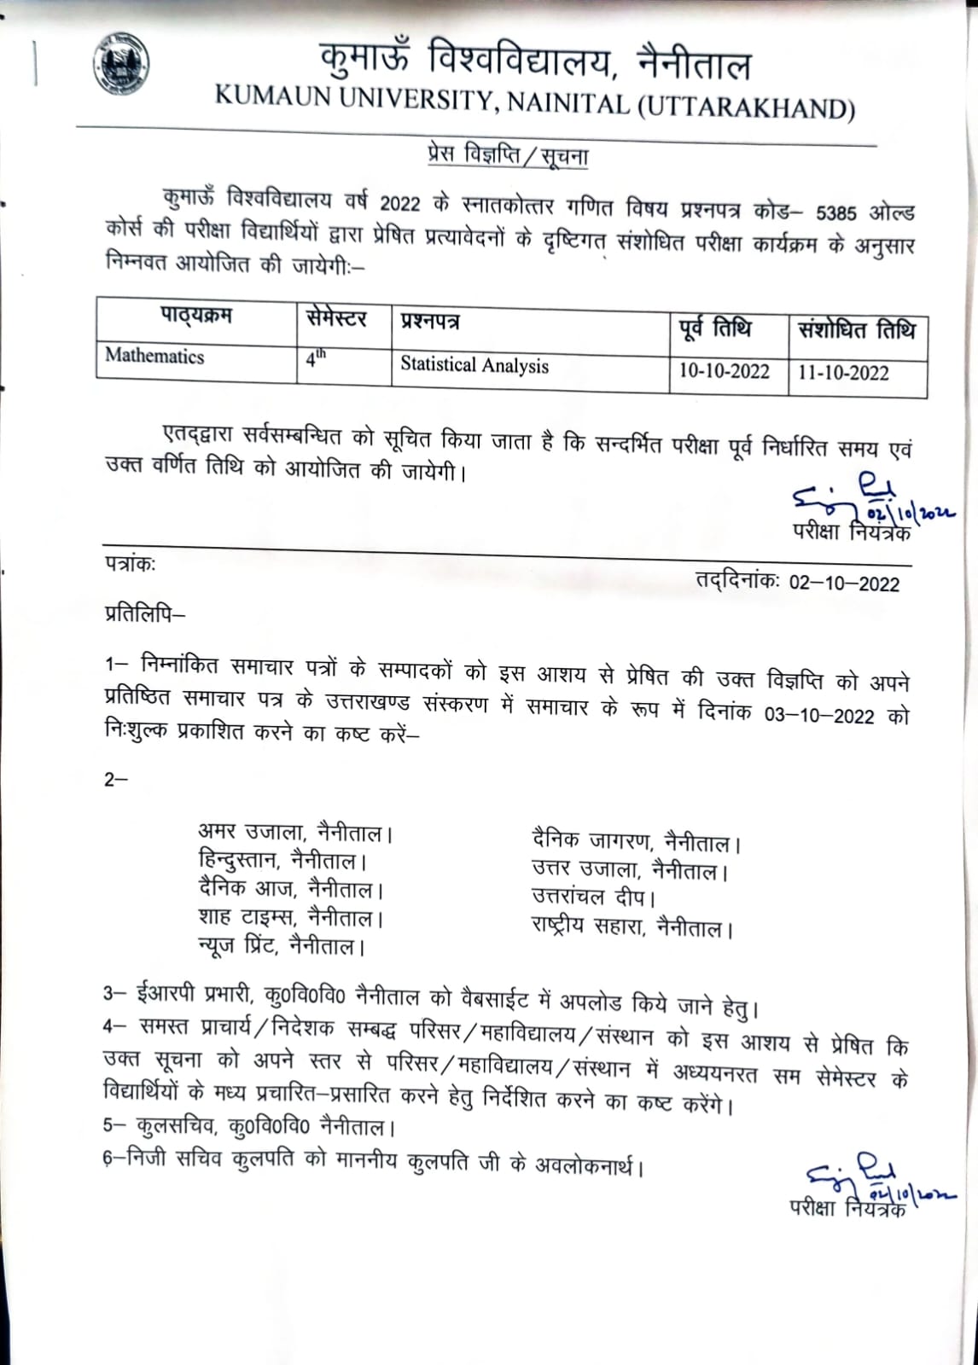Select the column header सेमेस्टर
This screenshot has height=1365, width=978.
click(336, 320)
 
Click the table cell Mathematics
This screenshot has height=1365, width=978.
click(154, 356)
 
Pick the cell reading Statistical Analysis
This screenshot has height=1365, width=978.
click(474, 365)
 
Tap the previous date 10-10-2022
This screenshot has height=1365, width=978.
click(724, 372)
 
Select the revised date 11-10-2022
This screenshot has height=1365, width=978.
click(843, 374)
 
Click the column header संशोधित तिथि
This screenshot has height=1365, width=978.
click(856, 330)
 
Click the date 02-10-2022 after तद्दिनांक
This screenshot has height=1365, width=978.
click(843, 584)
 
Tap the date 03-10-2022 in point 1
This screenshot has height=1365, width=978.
click(818, 715)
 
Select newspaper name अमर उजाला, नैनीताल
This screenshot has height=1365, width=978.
click(294, 832)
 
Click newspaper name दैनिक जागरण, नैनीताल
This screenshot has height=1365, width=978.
click(635, 843)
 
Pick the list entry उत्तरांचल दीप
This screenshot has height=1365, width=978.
click(592, 897)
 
